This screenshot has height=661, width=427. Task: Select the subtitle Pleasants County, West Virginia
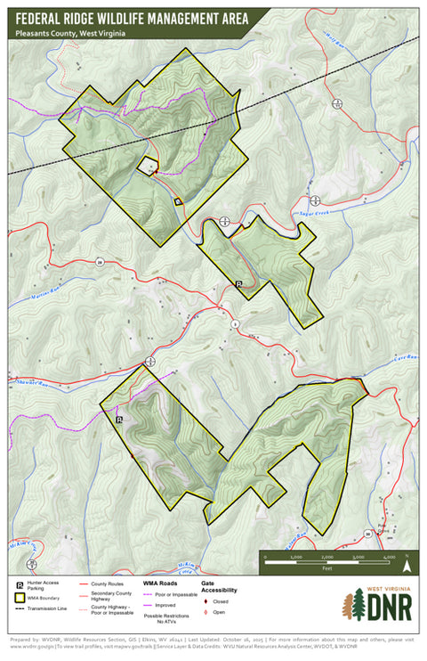tap(69, 32)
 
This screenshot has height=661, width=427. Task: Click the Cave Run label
tap(405, 356)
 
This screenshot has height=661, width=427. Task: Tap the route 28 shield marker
tap(101, 262)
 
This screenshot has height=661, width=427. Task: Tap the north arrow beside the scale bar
tap(407, 562)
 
